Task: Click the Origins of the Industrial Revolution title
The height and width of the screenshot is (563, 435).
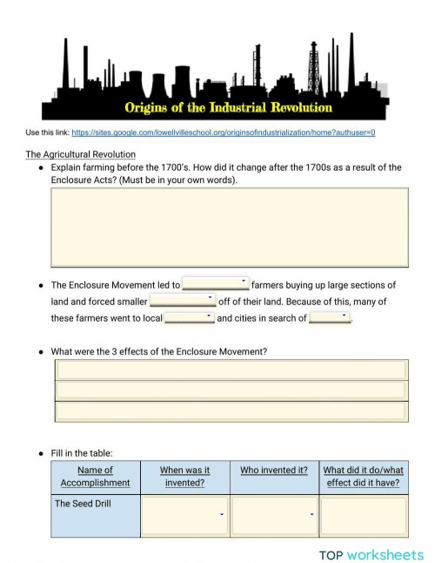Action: pos(229,108)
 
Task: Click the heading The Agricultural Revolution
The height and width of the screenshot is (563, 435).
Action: pos(80,154)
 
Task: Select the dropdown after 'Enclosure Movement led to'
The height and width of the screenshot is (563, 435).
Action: pos(216,284)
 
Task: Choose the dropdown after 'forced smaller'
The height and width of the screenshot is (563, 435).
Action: pos(182,301)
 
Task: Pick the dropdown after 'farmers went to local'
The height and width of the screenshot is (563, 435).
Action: pos(190,317)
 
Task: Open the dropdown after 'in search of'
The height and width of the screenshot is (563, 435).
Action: pos(330,317)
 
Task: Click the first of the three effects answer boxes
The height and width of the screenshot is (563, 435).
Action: pos(231,370)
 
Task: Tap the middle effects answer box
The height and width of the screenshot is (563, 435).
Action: pos(231,390)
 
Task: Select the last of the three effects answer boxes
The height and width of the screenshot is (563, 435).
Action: pos(231,411)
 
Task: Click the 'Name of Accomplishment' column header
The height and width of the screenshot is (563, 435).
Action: pos(96,477)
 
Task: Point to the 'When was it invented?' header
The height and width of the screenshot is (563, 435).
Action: pos(184,477)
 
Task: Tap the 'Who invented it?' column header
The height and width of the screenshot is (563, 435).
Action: pos(274,471)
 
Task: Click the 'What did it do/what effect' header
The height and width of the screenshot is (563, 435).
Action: pos(363,477)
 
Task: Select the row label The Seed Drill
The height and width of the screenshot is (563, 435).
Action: pos(83,504)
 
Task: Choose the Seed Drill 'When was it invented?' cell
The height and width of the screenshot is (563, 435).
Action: pos(184,516)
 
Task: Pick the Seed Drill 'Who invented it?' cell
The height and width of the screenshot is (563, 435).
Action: pos(274,516)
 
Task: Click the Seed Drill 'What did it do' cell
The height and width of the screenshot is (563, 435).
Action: pos(363,516)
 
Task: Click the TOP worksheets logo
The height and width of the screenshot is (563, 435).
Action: pos(371,554)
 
